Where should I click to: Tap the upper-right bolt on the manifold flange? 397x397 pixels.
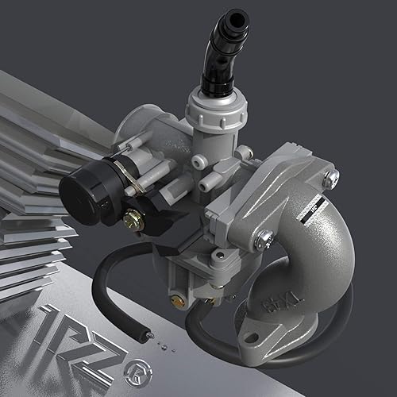(331, 177)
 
